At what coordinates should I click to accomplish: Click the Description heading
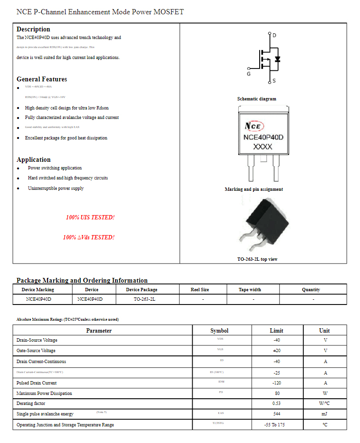(x=33, y=29)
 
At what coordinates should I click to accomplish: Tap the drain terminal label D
(x=274, y=35)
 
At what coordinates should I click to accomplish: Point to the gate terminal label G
(x=249, y=74)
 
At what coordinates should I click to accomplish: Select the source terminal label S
(x=274, y=81)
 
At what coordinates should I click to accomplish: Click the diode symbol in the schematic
(x=278, y=59)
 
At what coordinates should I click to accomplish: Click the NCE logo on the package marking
(x=253, y=126)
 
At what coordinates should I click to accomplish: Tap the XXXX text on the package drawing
(x=263, y=147)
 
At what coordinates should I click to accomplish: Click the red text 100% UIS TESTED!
(x=90, y=217)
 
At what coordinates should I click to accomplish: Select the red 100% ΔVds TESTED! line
(x=88, y=237)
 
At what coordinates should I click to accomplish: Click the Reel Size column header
(x=200, y=289)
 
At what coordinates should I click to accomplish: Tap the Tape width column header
(x=250, y=289)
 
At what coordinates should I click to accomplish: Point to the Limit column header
(x=276, y=331)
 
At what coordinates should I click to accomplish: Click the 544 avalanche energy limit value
(x=276, y=414)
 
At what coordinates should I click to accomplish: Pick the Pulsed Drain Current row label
(x=37, y=383)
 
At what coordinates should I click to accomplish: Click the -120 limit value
(x=276, y=383)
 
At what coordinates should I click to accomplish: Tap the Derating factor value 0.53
(x=276, y=404)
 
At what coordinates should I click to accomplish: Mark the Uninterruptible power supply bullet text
(x=56, y=188)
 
